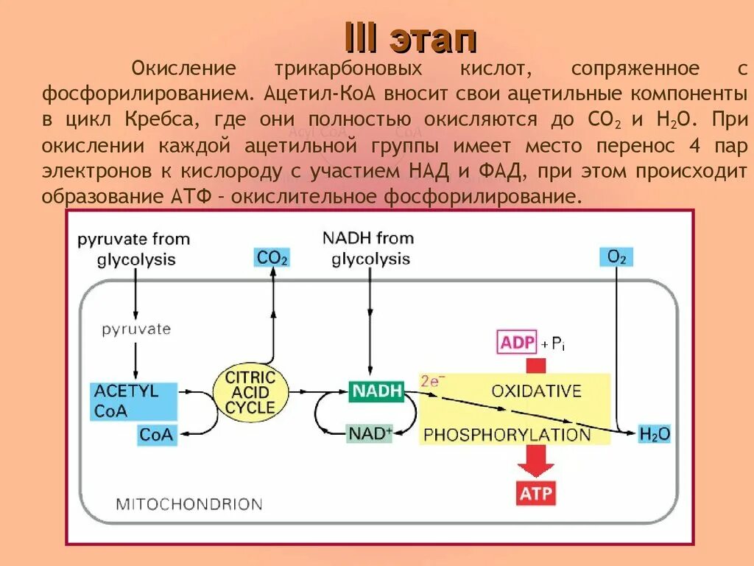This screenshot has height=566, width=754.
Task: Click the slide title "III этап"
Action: coord(412,38)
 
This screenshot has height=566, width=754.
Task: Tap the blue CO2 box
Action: coord(272,257)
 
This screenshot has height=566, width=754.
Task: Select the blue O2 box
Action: coord(616,257)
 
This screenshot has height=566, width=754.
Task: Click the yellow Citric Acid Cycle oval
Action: coord(250,392)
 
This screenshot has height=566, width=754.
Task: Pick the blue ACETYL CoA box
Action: coord(133,401)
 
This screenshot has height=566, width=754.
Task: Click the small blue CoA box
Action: coord(156,435)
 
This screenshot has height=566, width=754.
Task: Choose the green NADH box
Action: coord(376,391)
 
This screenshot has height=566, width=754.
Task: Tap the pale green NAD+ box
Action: coord(370,433)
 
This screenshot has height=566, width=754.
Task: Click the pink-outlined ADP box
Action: coord(518,343)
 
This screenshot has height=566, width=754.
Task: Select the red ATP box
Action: coord(535,494)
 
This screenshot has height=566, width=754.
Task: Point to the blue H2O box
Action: coord(654,433)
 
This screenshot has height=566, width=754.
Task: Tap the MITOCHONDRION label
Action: coord(189,505)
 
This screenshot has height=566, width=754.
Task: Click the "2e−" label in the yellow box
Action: coord(433,381)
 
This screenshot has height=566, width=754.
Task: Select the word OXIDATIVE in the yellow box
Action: coord(536,390)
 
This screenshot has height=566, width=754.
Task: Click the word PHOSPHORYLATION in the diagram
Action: coord(507,434)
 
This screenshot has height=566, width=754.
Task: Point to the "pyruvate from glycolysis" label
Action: coord(134,249)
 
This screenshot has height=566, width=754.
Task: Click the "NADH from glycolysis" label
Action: coord(368,248)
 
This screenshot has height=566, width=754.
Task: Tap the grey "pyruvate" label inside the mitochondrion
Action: coord(136,329)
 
